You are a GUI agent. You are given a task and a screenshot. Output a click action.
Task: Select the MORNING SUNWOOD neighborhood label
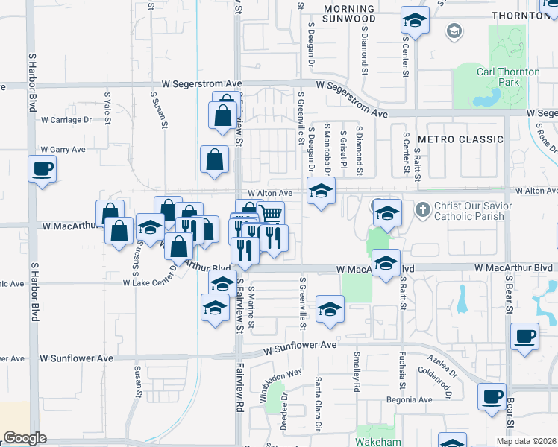[349, 13]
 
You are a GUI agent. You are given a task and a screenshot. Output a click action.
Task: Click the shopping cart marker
[271, 215]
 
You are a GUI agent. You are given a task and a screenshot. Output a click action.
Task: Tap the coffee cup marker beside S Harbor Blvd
[42, 168]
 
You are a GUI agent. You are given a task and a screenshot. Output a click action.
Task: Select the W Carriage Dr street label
[66, 119]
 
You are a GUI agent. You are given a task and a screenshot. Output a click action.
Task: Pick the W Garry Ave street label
[63, 150]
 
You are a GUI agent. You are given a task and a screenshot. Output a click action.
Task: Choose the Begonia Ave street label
[410, 399]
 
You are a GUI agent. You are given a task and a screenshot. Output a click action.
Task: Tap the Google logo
[25, 438]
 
